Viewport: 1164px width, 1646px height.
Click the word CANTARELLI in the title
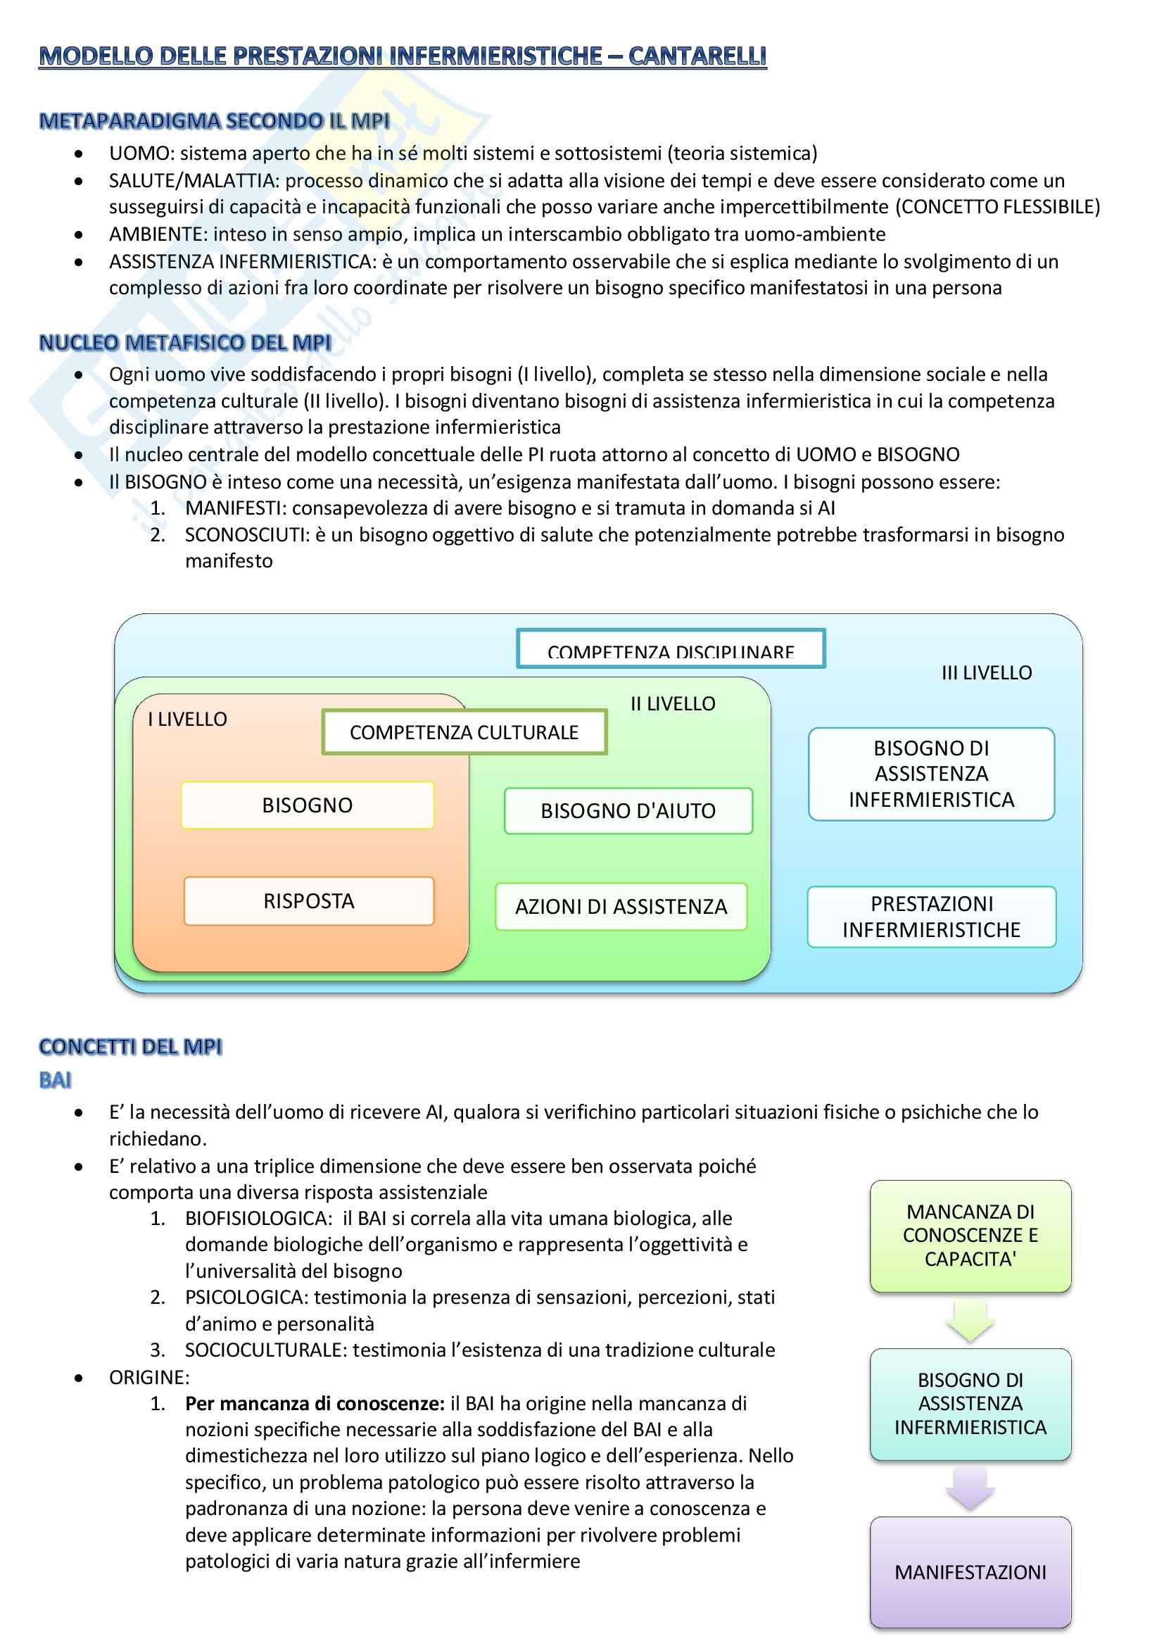[x=697, y=56]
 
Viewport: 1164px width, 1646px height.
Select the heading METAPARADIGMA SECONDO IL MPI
[x=215, y=120]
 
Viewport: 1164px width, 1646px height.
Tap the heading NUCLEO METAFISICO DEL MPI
[x=185, y=343]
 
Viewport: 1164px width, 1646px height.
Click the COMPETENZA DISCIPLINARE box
[x=670, y=649]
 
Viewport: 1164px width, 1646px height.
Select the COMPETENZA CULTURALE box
[x=464, y=732]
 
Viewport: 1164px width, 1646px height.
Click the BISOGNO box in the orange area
[x=308, y=805]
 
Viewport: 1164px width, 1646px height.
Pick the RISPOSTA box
[x=309, y=901]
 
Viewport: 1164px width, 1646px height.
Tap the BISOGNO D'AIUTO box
[x=628, y=811]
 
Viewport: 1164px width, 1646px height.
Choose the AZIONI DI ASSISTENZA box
[x=621, y=907]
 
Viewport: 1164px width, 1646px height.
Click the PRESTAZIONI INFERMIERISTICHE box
[x=931, y=917]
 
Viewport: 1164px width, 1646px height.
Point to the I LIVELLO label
[x=187, y=719]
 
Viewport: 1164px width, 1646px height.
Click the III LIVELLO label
[x=986, y=672]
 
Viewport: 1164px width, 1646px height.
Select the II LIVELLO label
[x=672, y=704]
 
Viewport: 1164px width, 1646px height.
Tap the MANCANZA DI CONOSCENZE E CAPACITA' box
[x=970, y=1236]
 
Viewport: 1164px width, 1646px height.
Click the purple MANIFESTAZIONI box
[x=970, y=1572]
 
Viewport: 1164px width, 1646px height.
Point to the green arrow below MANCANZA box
[x=970, y=1321]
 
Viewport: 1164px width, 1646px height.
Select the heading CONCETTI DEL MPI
[x=130, y=1047]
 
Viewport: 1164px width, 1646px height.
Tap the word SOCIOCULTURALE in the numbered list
[x=266, y=1350]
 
